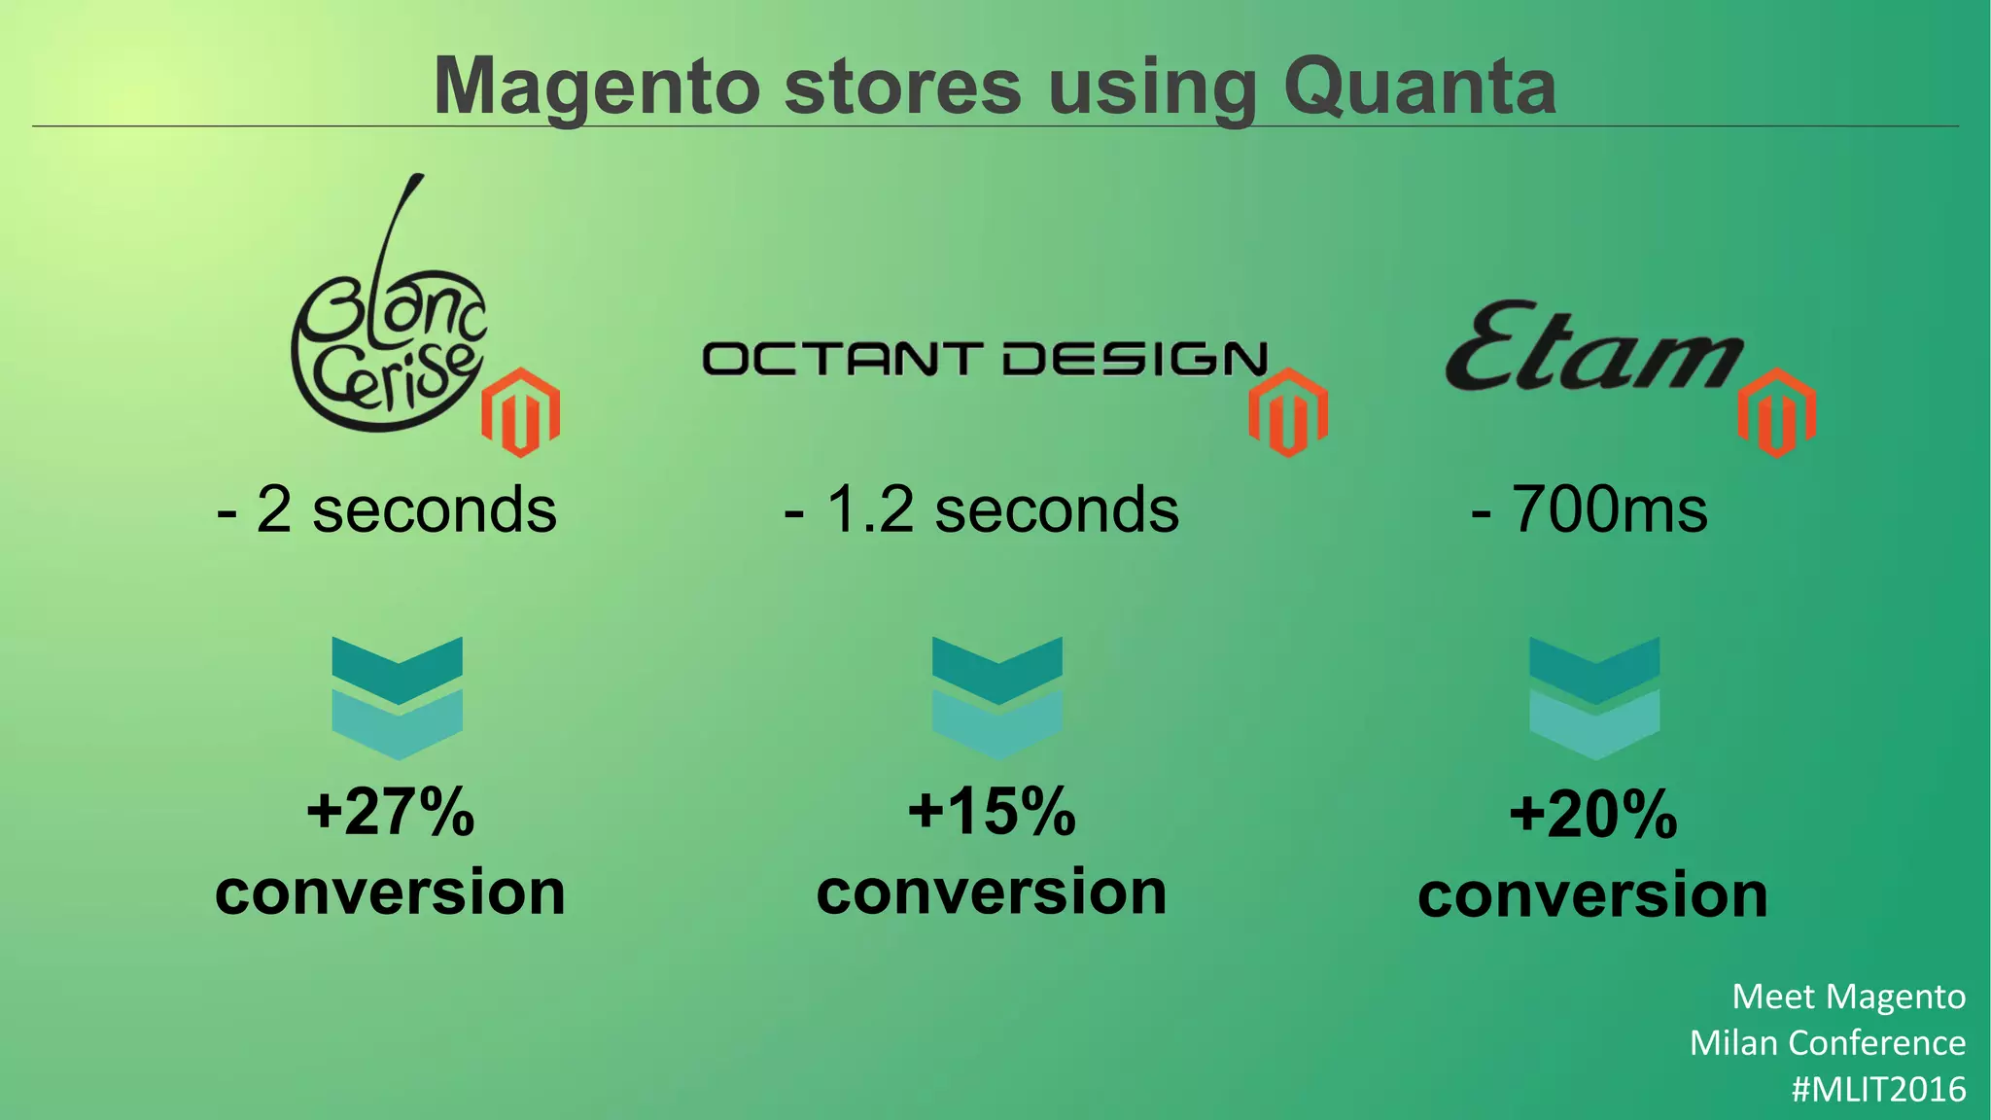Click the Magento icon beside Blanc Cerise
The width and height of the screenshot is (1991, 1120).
click(x=521, y=412)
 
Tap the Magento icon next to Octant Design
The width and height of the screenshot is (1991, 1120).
click(x=1288, y=412)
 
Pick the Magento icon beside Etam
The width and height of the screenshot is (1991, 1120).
click(x=1776, y=412)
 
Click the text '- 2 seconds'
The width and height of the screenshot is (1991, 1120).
click(x=387, y=509)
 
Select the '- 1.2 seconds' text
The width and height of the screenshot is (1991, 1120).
click(x=982, y=509)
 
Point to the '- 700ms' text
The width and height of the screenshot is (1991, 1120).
click(x=1589, y=509)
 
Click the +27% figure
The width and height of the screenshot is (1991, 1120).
click(x=391, y=812)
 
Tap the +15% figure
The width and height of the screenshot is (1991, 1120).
click(x=992, y=812)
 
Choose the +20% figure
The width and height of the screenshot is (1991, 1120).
click(x=1593, y=815)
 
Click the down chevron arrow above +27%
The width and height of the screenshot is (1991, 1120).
click(x=397, y=697)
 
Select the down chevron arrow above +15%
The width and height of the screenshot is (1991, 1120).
click(x=996, y=697)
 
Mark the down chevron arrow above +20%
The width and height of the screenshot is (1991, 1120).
click(x=1594, y=697)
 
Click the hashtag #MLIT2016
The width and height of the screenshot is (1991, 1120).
click(x=1878, y=1089)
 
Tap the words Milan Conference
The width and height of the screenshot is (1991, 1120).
click(x=1828, y=1043)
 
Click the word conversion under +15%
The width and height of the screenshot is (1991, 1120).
click(x=992, y=892)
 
